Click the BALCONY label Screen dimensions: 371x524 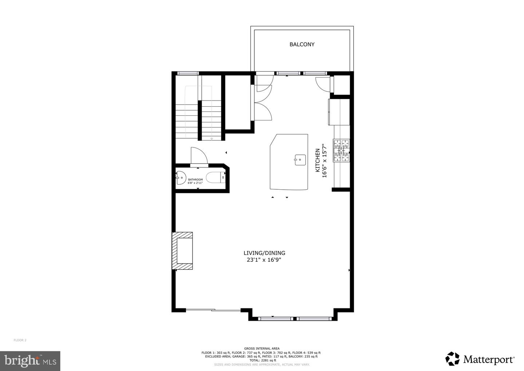[302, 44]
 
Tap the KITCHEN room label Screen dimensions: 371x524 [317, 160]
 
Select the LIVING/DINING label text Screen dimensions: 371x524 [264, 253]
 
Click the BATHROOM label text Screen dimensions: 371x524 [195, 179]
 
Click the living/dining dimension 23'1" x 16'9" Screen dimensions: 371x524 [264, 260]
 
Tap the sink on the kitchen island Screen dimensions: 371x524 [300, 159]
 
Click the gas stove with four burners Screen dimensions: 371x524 [341, 150]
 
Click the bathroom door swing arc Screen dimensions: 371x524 [199, 156]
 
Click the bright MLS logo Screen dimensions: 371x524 [30, 361]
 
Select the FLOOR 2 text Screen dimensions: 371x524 [20, 340]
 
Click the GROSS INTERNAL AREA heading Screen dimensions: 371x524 [262, 349]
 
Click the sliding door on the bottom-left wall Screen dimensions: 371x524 [213, 310]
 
